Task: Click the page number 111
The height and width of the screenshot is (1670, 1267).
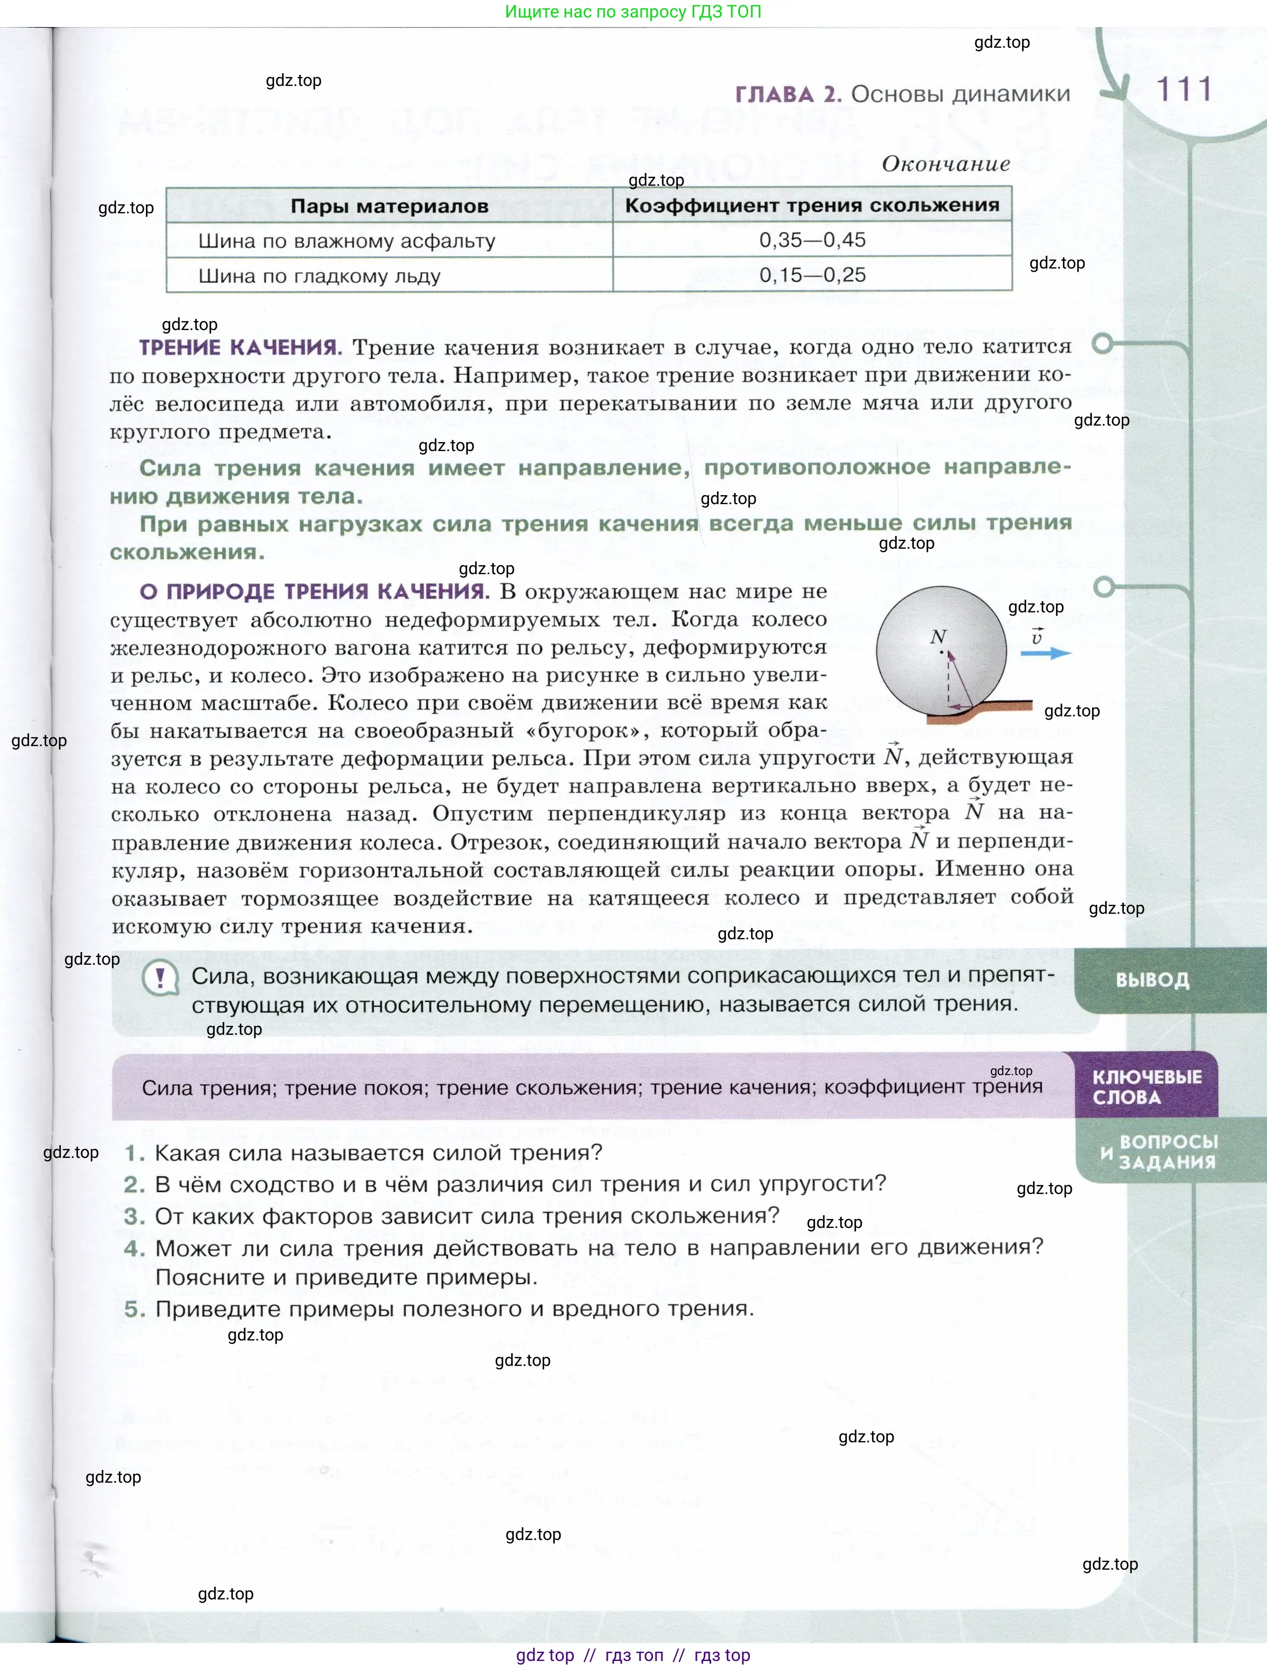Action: pos(1184,90)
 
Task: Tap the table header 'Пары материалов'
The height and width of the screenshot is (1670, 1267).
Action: pos(389,206)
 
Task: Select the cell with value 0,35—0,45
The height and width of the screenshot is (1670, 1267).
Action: pos(812,240)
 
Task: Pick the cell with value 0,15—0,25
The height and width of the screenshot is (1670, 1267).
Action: pos(812,275)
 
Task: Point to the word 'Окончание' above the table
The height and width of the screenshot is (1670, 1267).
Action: pos(946,164)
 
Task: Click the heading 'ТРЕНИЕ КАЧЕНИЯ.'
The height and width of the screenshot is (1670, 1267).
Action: pos(240,348)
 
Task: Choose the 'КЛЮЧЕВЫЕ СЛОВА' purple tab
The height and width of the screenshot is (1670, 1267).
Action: pos(1146,1086)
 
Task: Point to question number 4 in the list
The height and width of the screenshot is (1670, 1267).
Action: pos(134,1249)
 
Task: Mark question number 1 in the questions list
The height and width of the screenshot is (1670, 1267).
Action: pos(134,1153)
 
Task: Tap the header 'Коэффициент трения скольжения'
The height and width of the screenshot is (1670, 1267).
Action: pos(812,205)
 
